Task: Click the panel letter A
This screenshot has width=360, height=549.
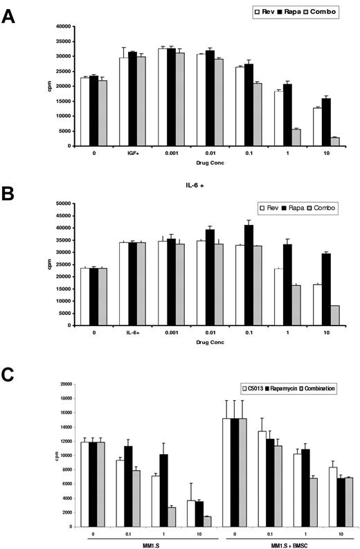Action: click(9, 15)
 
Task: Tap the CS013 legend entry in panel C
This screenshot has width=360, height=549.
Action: click(252, 388)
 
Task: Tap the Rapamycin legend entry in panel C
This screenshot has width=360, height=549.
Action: click(289, 388)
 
